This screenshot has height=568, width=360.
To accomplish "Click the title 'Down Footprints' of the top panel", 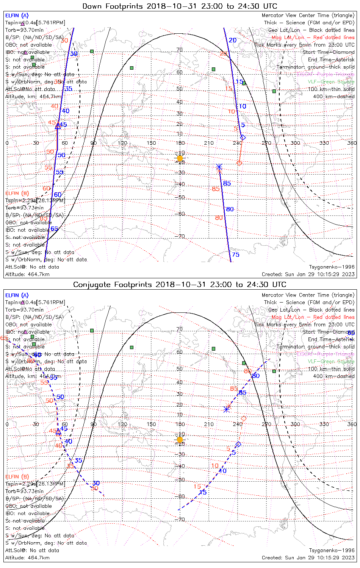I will [112, 6].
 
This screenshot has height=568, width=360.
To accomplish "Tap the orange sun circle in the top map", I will [180, 158].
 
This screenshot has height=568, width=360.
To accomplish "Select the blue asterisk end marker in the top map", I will [219, 167].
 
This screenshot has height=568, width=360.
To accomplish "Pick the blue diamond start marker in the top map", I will [243, 137].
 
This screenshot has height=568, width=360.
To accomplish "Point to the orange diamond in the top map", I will [239, 163].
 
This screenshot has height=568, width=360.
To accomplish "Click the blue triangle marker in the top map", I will [58, 126].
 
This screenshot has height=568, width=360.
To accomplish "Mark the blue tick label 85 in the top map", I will [227, 184].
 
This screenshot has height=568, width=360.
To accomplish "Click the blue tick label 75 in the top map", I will [236, 255].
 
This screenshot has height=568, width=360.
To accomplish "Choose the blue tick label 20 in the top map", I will [233, 40].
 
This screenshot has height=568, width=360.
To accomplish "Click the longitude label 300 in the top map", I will [295, 143].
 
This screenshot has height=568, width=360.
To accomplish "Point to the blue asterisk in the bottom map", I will [227, 409].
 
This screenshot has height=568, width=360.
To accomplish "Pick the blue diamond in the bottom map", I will [238, 444].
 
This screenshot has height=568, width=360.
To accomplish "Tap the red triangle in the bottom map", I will [58, 432].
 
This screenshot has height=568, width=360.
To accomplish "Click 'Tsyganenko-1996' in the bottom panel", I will [332, 551].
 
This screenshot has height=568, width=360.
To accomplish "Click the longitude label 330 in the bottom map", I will [324, 424].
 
